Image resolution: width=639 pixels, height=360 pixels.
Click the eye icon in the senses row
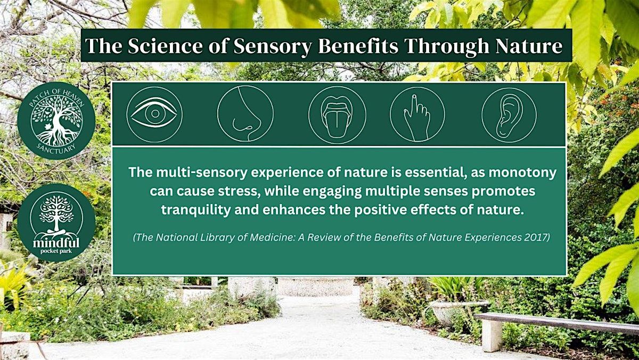[154, 114]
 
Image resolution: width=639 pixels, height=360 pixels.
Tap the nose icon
[245, 114]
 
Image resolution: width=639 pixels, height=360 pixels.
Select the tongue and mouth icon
[337, 115]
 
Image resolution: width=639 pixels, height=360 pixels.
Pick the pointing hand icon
[417, 114]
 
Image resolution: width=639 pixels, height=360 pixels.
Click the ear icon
[509, 115]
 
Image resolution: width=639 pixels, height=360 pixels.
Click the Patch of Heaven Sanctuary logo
[56, 120]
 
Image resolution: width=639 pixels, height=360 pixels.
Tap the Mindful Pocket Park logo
[56, 223]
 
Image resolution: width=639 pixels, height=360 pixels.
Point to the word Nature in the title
[529, 46]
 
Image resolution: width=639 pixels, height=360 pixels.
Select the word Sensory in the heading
[272, 47]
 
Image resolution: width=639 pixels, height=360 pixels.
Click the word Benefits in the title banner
[358, 46]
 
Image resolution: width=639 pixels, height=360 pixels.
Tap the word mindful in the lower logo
[56, 243]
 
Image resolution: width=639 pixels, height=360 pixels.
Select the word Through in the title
[447, 46]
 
